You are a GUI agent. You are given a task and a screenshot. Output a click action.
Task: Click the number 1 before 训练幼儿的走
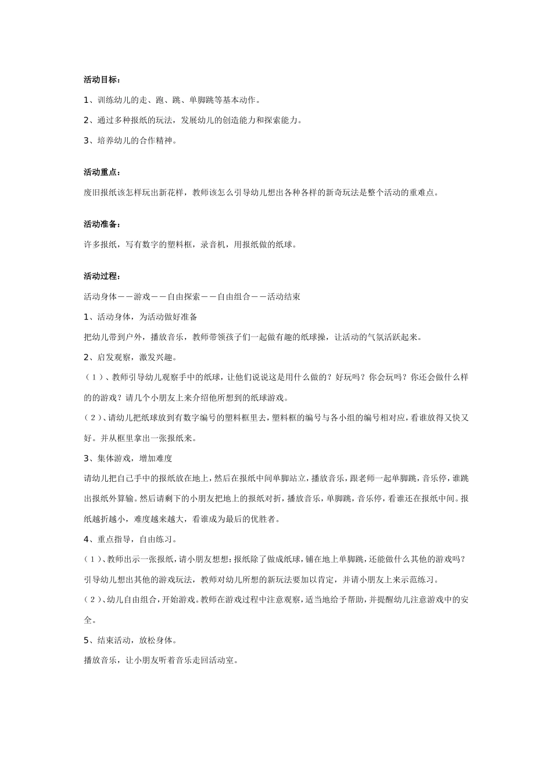click(x=86, y=100)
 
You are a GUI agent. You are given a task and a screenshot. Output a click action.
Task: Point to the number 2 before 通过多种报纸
click(x=86, y=120)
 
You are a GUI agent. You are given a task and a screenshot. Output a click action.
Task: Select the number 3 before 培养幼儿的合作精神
click(x=86, y=141)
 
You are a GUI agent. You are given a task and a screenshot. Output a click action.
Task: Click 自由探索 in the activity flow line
click(x=184, y=297)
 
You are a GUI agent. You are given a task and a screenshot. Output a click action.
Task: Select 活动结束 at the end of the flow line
click(x=284, y=297)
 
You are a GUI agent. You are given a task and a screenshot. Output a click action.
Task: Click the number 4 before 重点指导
click(x=86, y=539)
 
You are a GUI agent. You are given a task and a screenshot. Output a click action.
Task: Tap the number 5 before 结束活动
click(x=86, y=640)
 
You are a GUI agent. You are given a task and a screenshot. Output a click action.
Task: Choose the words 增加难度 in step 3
click(x=156, y=458)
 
